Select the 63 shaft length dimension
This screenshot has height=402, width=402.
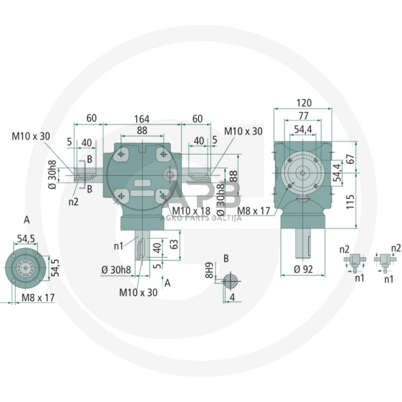pyautogui.click(x=174, y=243)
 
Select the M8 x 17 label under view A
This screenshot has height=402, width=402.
pyautogui.click(x=38, y=298)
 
